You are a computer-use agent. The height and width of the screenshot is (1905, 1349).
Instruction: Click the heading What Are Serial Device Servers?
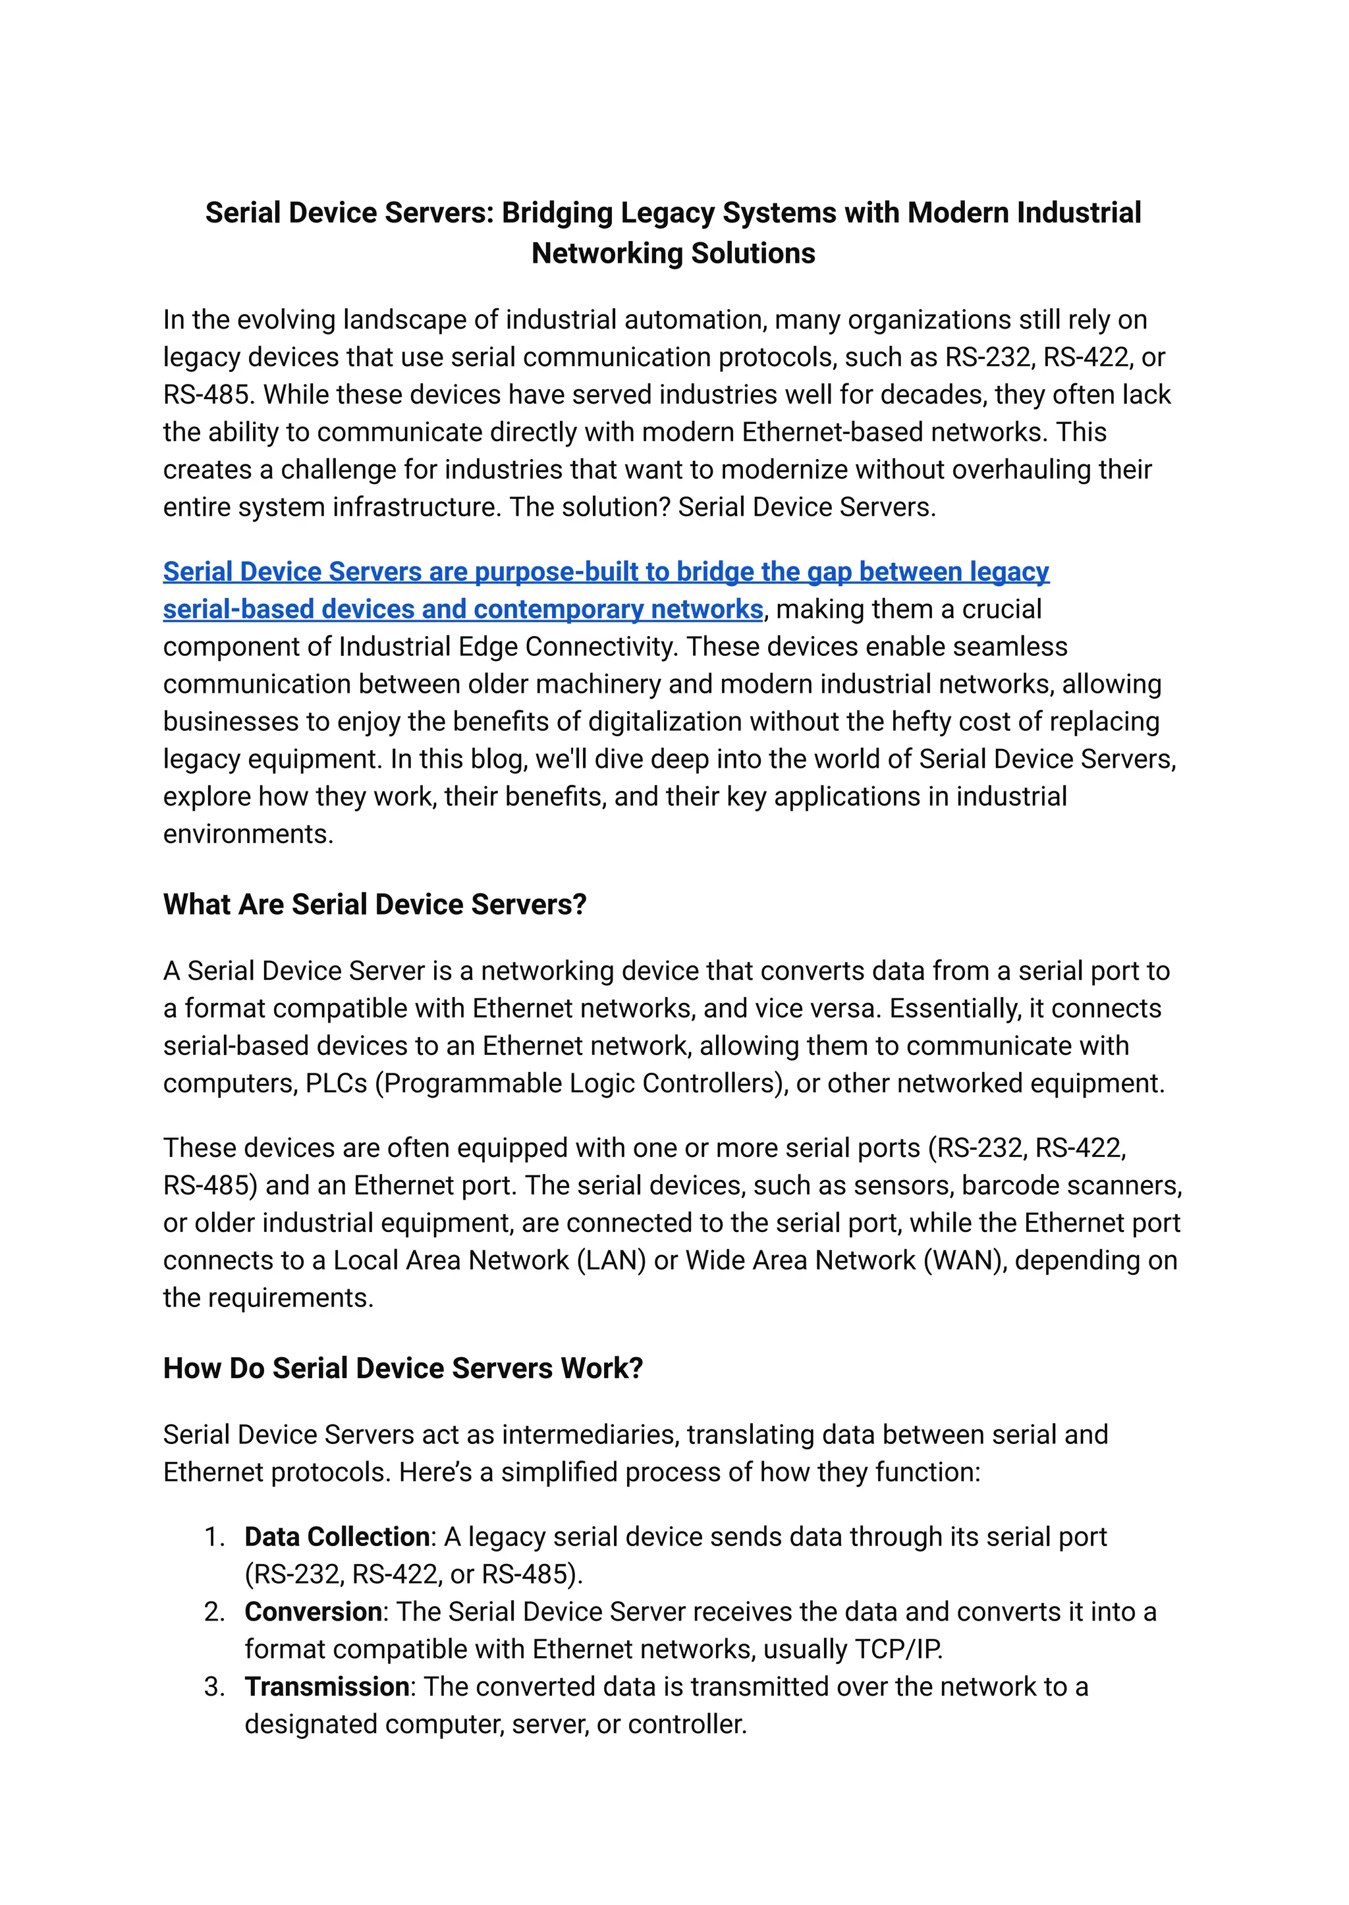375,904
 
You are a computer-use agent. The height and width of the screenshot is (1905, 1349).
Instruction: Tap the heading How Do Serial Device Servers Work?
403,1368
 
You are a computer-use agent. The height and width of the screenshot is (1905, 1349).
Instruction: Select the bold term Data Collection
337,1537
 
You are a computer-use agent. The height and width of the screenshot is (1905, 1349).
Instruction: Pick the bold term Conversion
313,1612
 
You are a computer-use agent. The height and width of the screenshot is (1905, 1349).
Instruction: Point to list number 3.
214,1686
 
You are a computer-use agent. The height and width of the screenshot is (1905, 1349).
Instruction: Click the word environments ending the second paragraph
248,834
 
